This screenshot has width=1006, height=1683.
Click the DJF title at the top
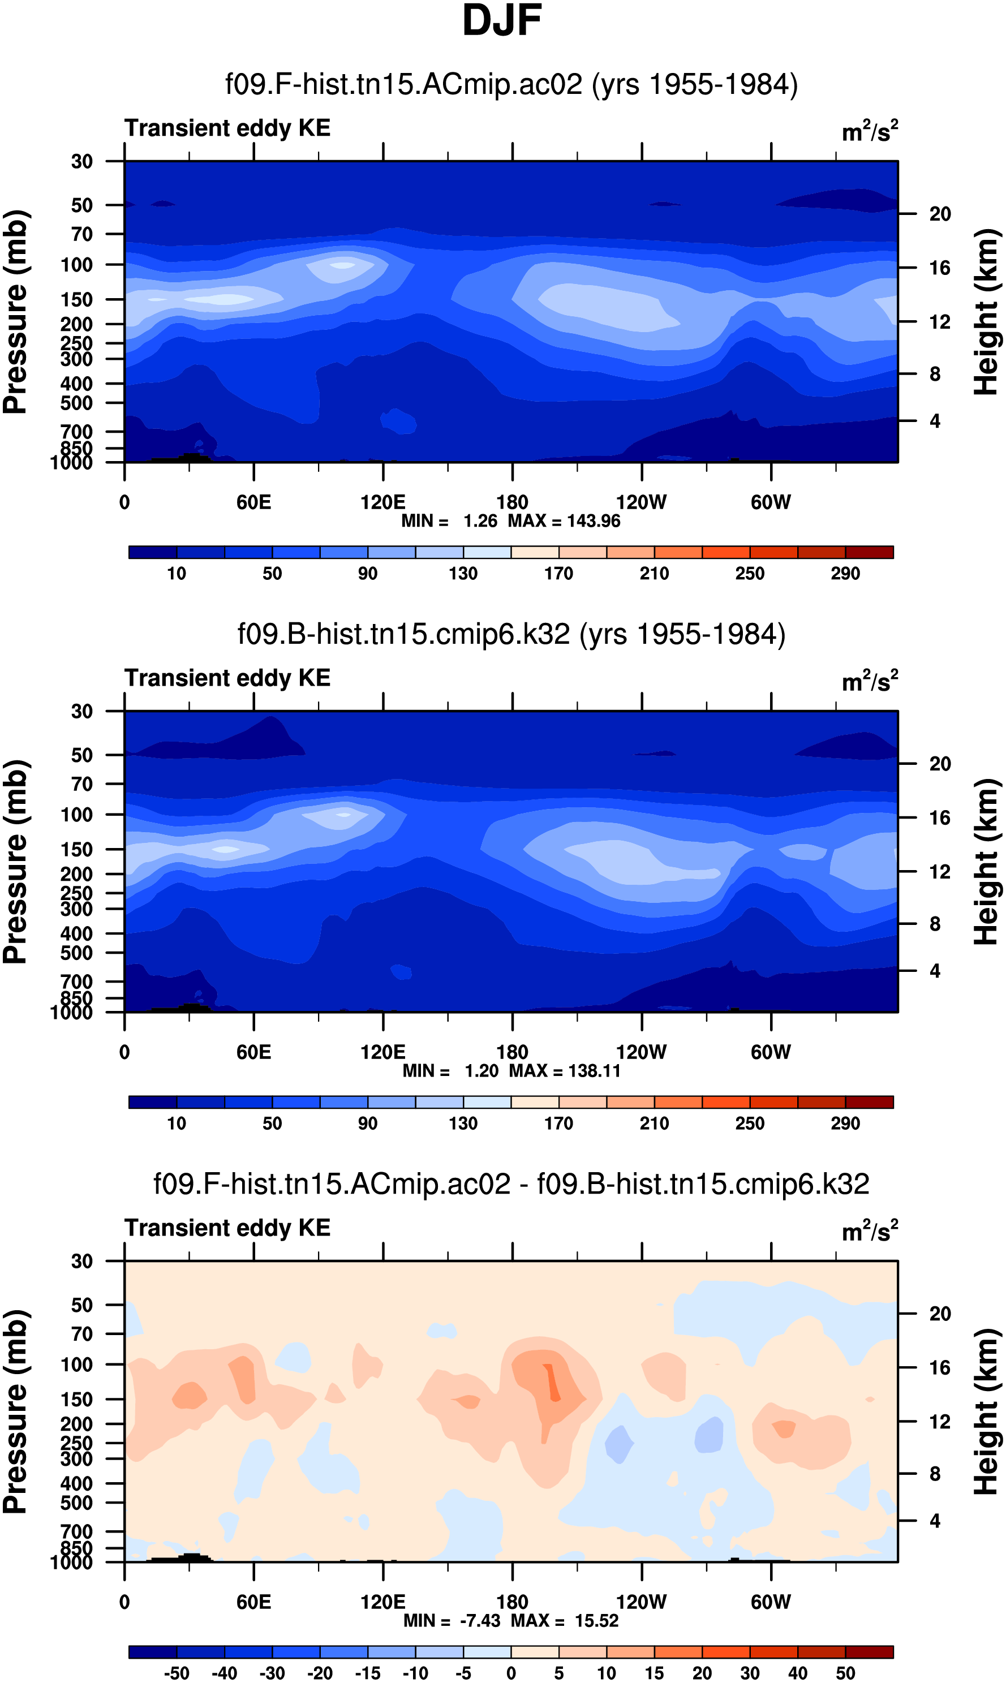502,20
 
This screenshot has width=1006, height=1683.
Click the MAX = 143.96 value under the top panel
564,521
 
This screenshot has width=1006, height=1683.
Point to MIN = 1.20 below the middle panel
451,1071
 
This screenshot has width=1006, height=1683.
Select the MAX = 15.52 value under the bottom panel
565,1621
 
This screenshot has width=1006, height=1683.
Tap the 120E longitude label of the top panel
383,502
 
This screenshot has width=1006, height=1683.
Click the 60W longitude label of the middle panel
771,1052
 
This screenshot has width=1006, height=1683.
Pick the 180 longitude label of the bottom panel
512,1602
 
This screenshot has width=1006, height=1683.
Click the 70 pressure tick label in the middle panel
81,784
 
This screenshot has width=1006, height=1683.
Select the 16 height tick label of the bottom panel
940,1367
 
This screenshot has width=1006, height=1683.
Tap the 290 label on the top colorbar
845,574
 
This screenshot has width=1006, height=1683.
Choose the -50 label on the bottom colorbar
177,1673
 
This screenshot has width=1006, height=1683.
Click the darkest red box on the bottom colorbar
869,1652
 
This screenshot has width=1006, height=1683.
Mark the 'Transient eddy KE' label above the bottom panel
227,1228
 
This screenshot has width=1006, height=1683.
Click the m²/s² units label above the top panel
870,130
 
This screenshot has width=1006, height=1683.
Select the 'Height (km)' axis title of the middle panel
986,862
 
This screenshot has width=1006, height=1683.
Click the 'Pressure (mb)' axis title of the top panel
15,312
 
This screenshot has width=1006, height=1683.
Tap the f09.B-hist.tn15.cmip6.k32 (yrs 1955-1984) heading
511,634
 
